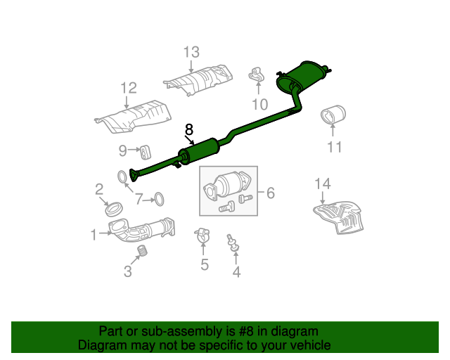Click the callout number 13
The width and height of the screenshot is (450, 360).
191,52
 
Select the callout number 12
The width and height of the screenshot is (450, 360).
129,88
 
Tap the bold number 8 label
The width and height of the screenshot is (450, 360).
189,129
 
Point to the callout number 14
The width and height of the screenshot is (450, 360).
323,184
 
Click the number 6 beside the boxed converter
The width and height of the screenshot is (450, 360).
271,193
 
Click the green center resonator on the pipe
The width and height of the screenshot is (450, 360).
199,151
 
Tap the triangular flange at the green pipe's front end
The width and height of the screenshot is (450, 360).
134,175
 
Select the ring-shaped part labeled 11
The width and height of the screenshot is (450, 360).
333,115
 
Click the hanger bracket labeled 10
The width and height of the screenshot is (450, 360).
256,75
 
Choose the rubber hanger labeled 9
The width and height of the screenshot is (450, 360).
146,152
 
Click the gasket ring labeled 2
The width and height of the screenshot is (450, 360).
114,209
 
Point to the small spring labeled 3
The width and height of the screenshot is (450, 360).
142,250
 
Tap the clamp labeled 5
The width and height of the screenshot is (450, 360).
202,236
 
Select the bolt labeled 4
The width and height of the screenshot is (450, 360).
233,243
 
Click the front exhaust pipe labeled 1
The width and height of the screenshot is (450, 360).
141,230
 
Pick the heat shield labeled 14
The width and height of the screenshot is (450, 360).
339,217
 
